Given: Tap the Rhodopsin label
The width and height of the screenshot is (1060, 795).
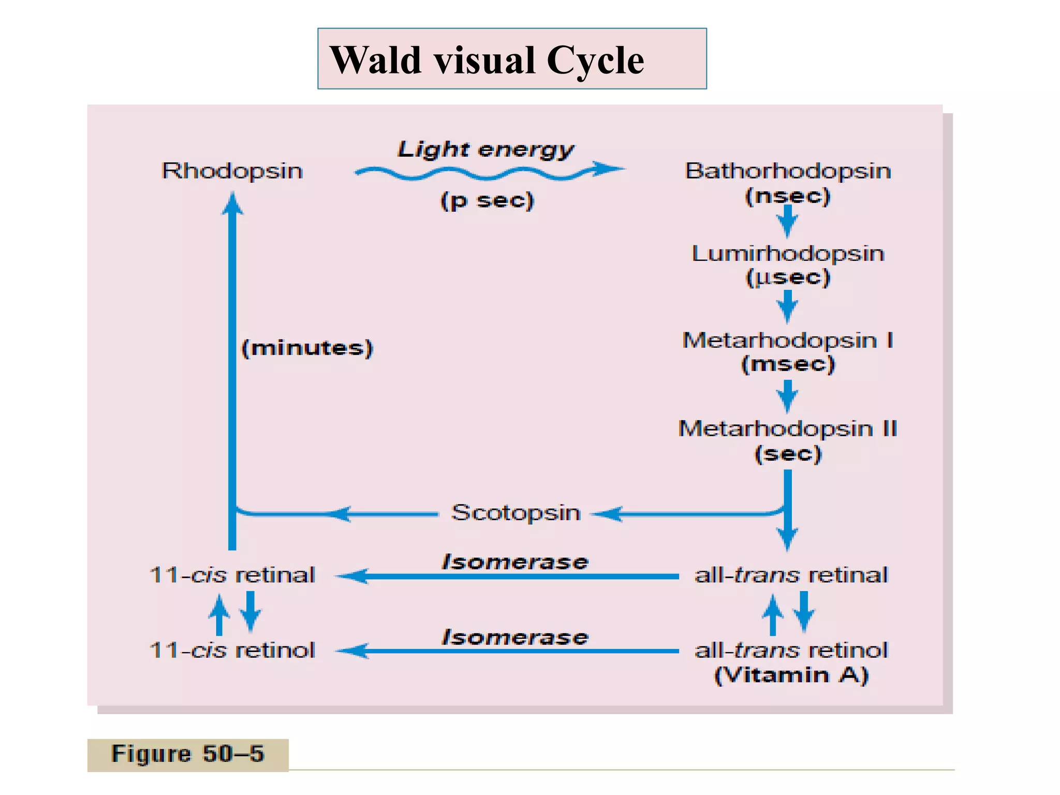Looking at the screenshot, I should tap(232, 171).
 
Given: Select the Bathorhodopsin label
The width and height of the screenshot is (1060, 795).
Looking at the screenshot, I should tap(788, 171).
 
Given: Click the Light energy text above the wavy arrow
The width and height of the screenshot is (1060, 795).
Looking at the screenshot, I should tap(485, 149).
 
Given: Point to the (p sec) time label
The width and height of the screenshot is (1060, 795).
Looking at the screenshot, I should tap(487, 200).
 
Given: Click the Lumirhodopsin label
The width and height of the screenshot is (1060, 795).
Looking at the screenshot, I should tap(788, 254).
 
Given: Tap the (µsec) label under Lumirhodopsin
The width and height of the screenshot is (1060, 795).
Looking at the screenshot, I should tap(788, 277).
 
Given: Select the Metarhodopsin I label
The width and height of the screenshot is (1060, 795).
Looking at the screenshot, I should tap(788, 340).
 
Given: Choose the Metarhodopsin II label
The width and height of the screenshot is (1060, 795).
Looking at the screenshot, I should tap(788, 429).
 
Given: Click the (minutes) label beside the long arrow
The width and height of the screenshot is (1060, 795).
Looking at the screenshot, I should tap(307, 348).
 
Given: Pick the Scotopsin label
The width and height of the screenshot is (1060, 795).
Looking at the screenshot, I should tap(516, 512).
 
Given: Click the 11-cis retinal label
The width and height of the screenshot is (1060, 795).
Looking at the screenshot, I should tap(232, 575).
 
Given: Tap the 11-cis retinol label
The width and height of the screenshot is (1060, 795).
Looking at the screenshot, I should tap(232, 650).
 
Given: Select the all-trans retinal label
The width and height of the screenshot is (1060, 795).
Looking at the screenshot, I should tap(791, 575).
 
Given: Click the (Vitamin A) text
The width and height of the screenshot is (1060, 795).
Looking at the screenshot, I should tap(791, 675).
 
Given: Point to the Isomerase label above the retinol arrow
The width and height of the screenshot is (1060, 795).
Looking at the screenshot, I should tap(515, 637).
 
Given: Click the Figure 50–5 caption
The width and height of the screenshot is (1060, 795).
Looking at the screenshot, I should tap(187, 754).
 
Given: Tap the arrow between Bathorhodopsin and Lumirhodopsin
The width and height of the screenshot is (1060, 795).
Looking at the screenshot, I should tap(788, 221).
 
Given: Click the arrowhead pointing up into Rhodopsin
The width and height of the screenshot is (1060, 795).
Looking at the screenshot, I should tap(232, 203).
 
